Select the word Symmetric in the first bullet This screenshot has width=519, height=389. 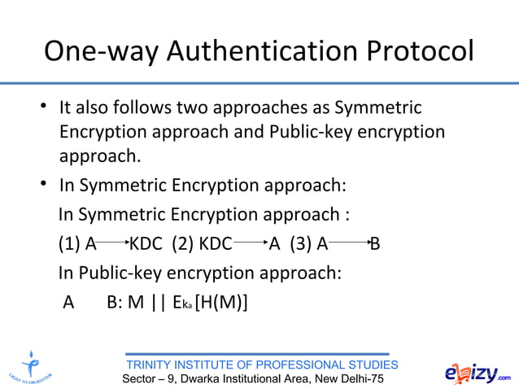coord(378,107)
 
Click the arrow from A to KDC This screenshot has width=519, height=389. coord(113,242)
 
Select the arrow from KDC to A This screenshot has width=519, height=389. coord(251,242)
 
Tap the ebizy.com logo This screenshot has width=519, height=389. coord(478,374)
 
